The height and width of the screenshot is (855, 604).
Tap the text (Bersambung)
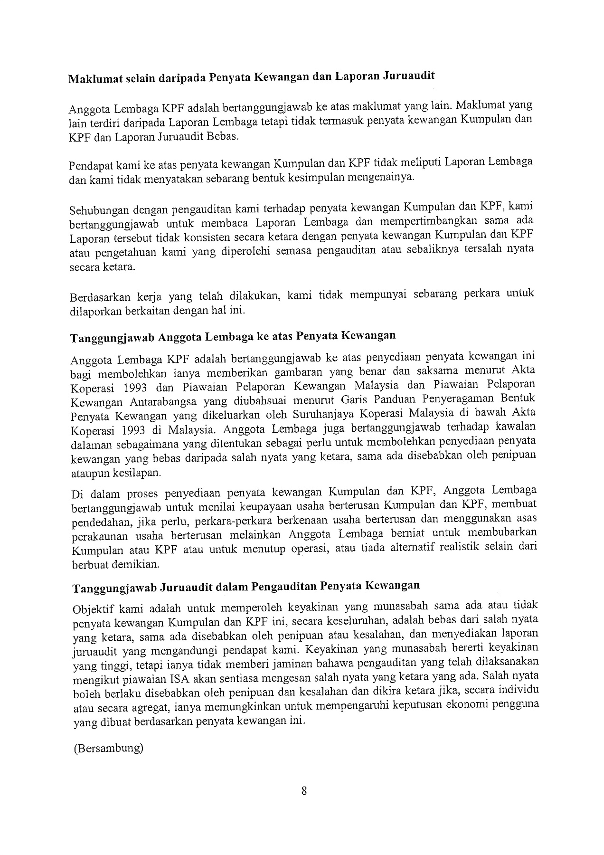[x=108, y=749]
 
